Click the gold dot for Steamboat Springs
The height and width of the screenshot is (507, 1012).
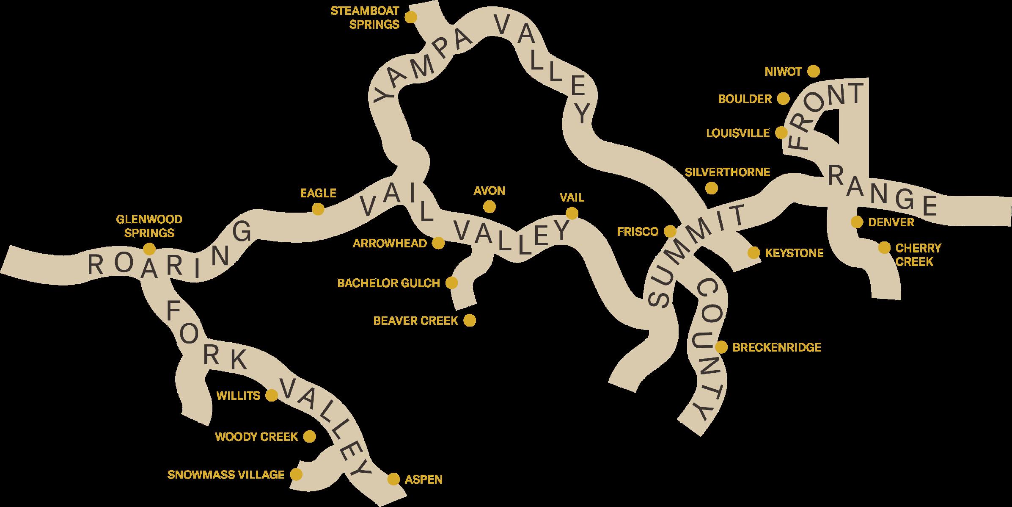[410, 17]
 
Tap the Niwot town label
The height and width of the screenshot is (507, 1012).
[783, 72]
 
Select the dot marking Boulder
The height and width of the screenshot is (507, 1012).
[784, 99]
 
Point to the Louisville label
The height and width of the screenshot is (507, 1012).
[738, 133]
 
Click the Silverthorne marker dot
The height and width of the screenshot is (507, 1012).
[712, 188]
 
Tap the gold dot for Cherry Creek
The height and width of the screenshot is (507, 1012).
[884, 248]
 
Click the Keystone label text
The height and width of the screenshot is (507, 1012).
[794, 253]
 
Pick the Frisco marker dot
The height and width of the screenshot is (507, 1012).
[670, 232]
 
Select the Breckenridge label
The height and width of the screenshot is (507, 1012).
[777, 348]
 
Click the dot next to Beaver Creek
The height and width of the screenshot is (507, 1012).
[469, 321]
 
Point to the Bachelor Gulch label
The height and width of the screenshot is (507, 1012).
[388, 283]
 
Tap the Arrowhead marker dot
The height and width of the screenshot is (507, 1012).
[438, 243]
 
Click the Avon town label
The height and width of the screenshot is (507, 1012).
[489, 191]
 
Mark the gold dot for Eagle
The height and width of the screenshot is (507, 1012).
[318, 209]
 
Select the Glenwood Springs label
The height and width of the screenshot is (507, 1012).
[149, 226]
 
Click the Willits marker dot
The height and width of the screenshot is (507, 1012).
[271, 396]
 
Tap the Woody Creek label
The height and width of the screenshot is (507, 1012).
[256, 437]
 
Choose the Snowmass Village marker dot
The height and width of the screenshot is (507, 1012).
[296, 474]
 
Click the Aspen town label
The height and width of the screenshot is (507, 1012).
[423, 479]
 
